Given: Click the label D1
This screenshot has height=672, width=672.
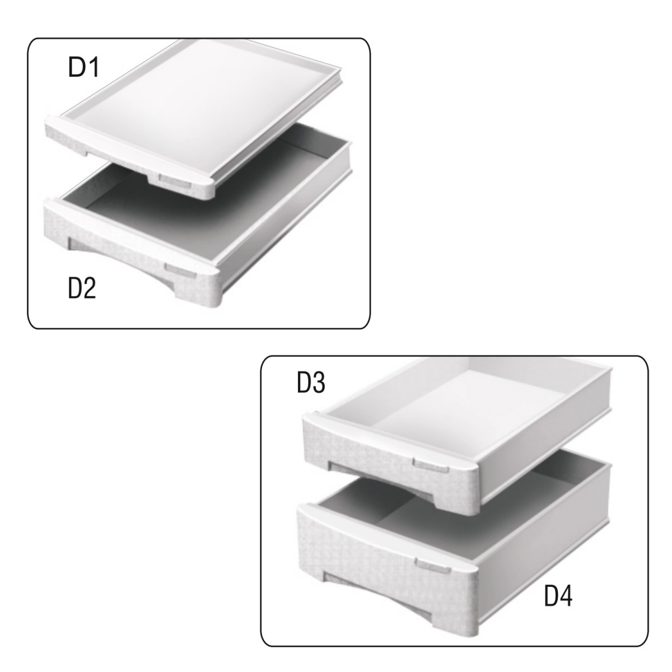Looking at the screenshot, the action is point(83,67).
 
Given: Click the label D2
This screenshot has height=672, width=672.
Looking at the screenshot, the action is point(82,288).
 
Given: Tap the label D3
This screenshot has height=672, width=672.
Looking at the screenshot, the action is point(311,382).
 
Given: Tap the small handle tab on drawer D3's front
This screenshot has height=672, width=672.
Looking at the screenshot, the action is point(431,465).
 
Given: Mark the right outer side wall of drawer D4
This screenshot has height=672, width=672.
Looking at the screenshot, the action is point(544,544).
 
